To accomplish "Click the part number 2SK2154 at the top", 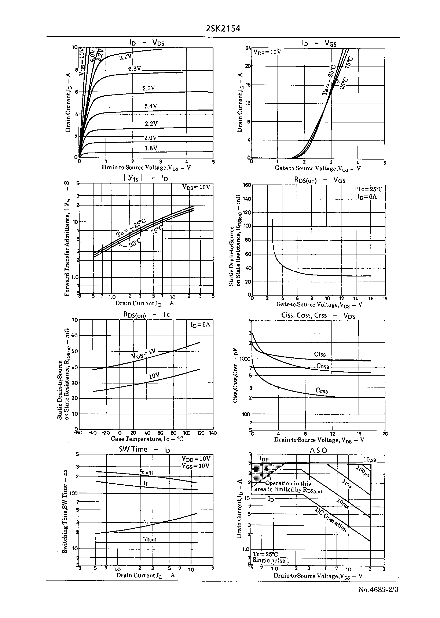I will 223,29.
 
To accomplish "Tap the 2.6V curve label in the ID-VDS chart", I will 149,88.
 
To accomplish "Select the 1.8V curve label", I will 151,148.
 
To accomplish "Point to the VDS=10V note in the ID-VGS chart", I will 267,52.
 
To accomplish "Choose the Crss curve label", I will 322,391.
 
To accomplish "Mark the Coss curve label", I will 322,366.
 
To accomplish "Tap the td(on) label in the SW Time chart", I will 150,539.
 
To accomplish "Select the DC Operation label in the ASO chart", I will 331,519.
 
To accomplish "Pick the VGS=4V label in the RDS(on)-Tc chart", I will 143,354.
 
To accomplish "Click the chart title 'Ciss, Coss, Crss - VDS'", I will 318,315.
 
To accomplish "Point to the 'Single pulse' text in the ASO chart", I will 269,560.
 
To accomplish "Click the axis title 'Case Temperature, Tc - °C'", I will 147,439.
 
